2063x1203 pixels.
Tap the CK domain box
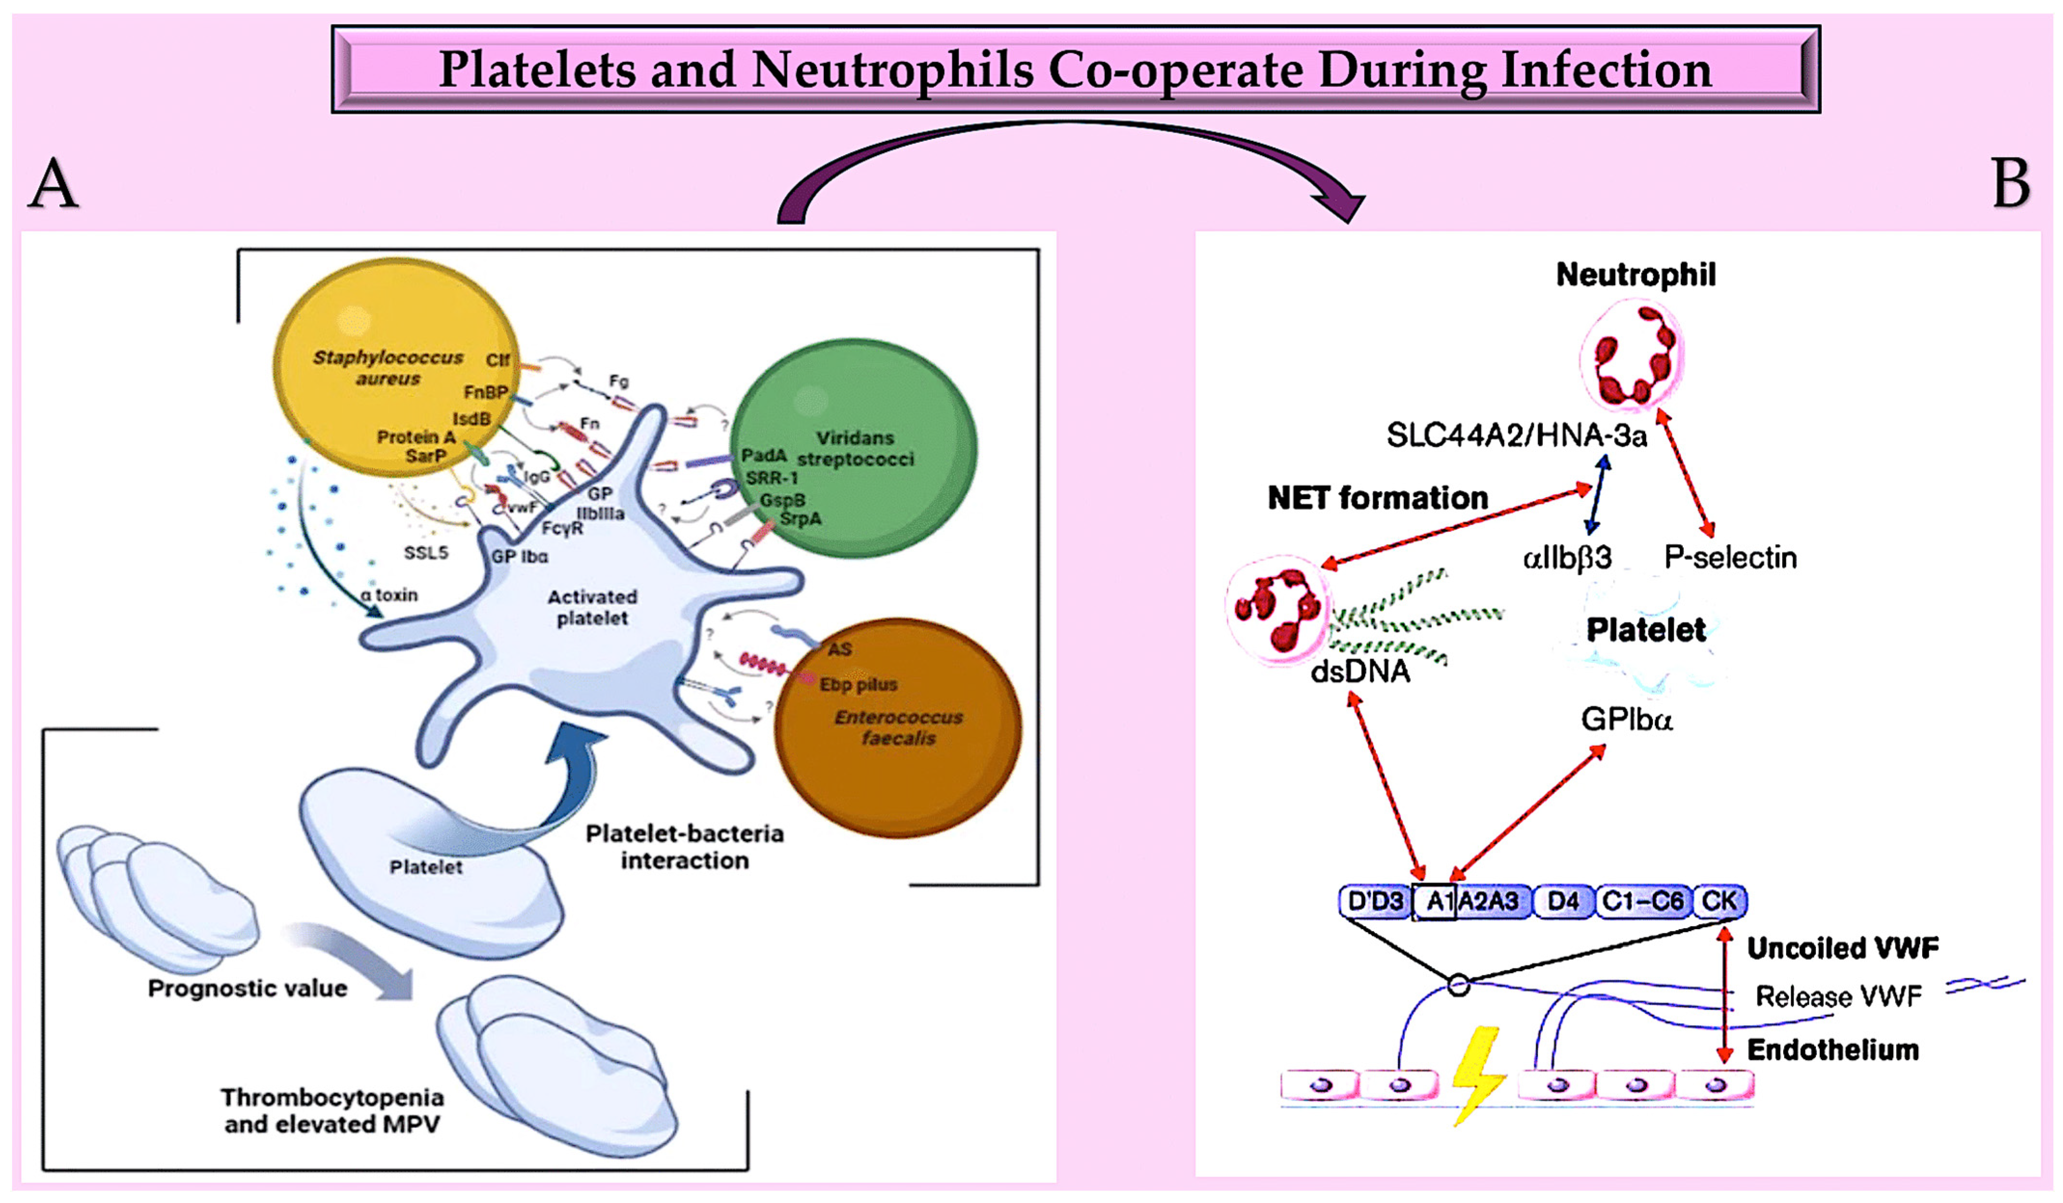(x=1719, y=901)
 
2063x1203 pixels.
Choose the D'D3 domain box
(x=1375, y=901)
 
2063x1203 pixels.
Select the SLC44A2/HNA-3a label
(x=1516, y=435)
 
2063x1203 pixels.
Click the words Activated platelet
(x=592, y=607)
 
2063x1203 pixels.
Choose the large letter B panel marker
(x=2010, y=183)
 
